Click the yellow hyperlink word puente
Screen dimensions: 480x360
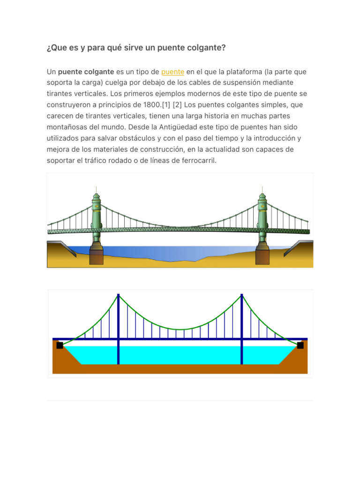[172, 72]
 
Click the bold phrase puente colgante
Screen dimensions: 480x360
[86, 72]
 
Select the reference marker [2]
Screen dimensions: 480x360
[178, 105]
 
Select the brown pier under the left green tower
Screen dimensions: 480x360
[97, 257]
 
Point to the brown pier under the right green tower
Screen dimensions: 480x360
[262, 257]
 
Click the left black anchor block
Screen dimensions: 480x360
[60, 345]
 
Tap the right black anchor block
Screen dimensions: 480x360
[300, 345]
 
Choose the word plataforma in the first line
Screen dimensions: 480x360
[243, 72]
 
